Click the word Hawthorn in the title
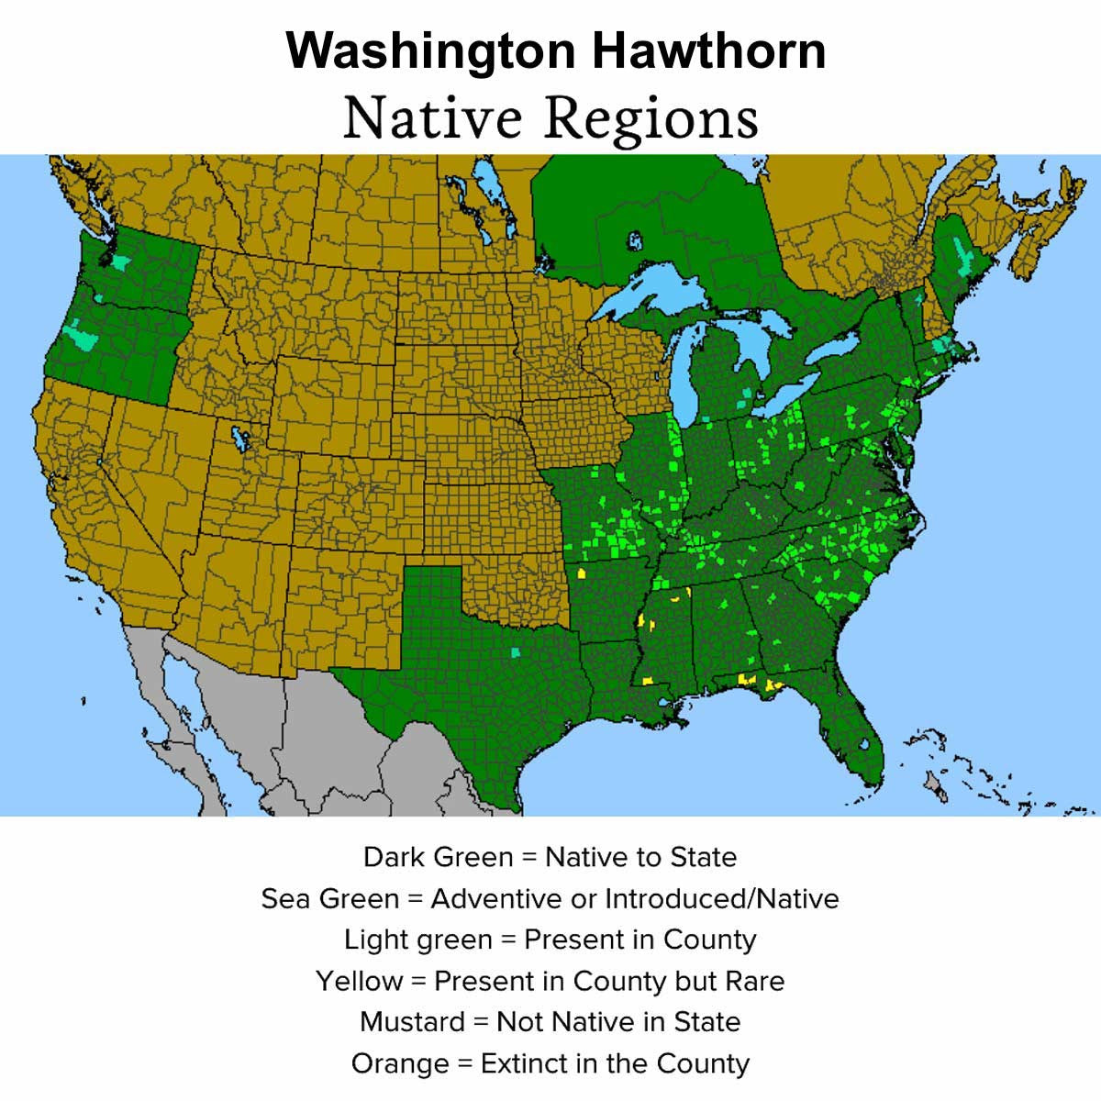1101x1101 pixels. point(707,50)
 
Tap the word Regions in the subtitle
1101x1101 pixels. point(651,119)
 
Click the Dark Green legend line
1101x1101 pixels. point(550,857)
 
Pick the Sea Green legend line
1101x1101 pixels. point(550,898)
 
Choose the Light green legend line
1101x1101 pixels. point(550,940)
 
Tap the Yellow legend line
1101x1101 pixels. point(550,981)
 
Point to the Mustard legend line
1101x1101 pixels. point(550,1022)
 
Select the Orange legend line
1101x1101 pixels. point(550,1063)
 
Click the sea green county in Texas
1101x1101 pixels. point(515,652)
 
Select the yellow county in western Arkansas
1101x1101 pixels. point(582,573)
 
